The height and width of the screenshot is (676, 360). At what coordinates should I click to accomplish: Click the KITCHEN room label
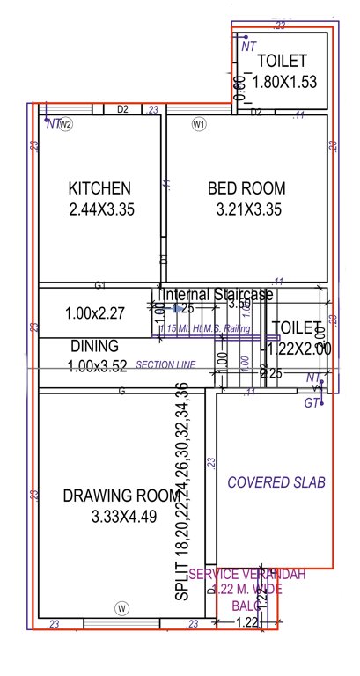tap(100, 187)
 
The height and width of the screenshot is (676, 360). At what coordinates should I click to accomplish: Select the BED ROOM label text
tap(246, 187)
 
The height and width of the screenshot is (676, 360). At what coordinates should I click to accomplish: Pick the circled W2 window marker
tap(65, 124)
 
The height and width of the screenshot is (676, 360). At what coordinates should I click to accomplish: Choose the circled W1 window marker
tap(199, 124)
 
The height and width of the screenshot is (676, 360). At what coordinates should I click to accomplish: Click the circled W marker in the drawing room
tap(122, 607)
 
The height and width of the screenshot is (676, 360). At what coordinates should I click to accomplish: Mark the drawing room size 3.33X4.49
tap(123, 518)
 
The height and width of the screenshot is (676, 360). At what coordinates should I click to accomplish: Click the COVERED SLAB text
tap(276, 482)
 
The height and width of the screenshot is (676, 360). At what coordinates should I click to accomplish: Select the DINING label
tap(89, 347)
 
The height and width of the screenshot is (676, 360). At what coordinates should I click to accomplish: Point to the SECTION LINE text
tap(165, 364)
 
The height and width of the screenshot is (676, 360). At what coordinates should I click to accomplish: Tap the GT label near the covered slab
tap(310, 403)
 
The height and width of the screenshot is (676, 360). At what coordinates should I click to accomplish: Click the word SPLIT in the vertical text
tap(181, 583)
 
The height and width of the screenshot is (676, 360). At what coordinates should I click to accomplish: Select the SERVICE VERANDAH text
tap(247, 575)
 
